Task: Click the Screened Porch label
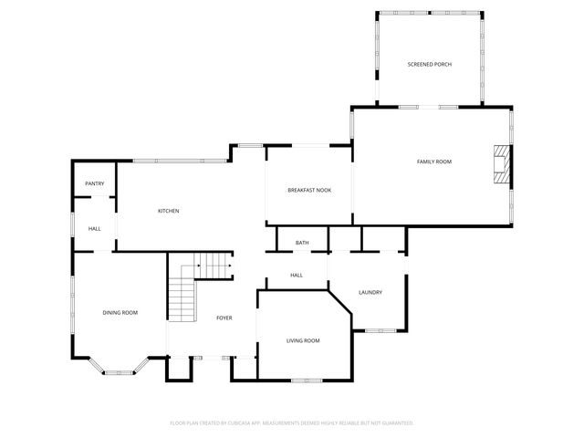tap(429, 64)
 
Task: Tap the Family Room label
tap(434, 162)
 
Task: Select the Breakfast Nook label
tap(309, 190)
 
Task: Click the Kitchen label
tap(169, 211)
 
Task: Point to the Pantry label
tap(95, 183)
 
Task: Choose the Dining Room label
tap(120, 313)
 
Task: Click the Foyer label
tap(224, 318)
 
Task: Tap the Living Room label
tap(303, 340)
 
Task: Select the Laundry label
tap(370, 292)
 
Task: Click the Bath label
tap(302, 243)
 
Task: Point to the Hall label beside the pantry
tap(95, 228)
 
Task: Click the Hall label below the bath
tap(297, 275)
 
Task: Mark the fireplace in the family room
tap(500, 164)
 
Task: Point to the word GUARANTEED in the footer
tap(395, 423)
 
